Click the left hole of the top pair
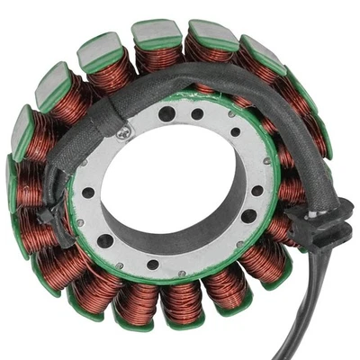click(x=167, y=112)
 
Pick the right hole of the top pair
click(x=197, y=113)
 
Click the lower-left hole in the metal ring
click(x=105, y=240)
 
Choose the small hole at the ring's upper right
click(x=236, y=132)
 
